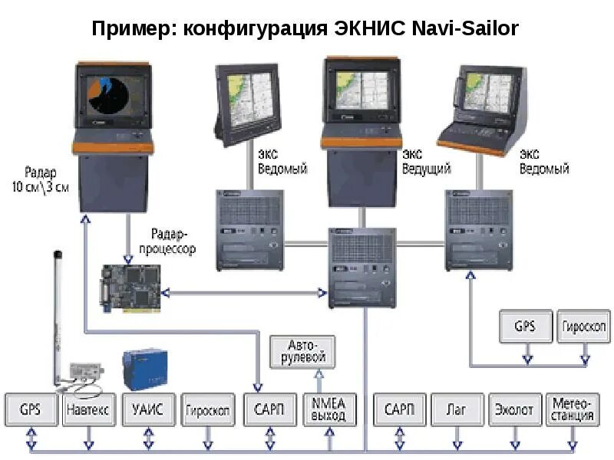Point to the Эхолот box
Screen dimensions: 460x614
point(513,410)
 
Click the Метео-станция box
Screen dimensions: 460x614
point(572,410)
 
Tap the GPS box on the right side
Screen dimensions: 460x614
point(525,327)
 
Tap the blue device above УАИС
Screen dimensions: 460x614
point(145,370)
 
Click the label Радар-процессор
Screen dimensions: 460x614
point(173,241)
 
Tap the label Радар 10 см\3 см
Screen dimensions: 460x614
point(41,178)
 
